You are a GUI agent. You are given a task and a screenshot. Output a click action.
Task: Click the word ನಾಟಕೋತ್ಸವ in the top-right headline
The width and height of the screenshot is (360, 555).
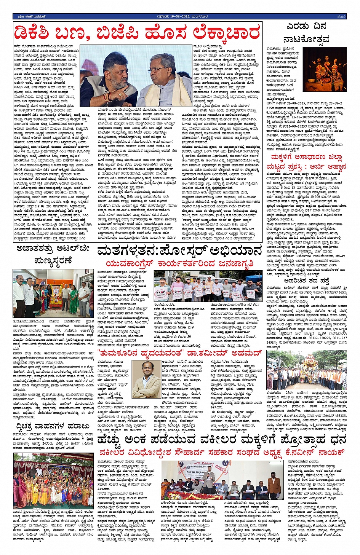tap(306, 39)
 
